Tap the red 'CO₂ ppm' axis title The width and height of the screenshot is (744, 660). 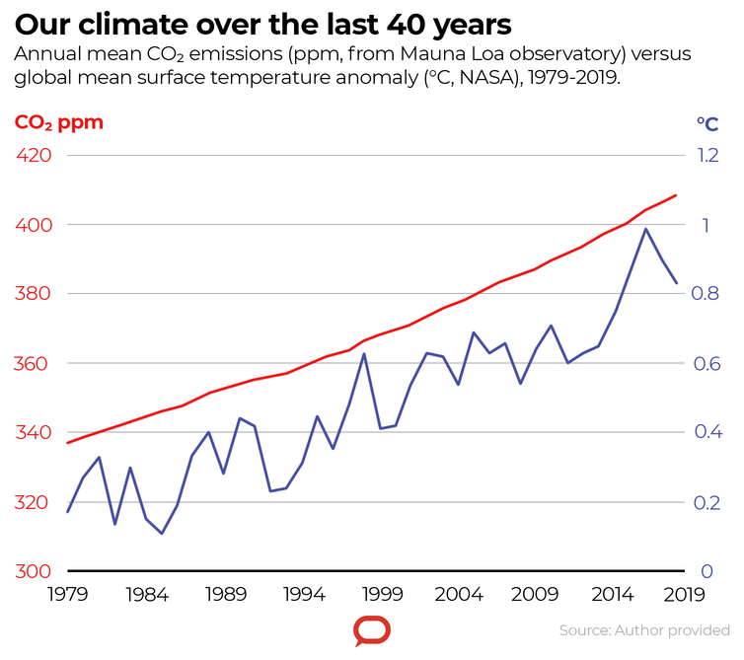click(x=58, y=123)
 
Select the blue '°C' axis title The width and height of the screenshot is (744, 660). click(x=707, y=123)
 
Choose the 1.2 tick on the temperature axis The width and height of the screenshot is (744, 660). click(x=708, y=156)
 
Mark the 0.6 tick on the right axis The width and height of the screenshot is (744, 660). click(x=708, y=363)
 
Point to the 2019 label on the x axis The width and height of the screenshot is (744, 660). click(x=685, y=595)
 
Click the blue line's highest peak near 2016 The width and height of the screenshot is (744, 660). click(x=645, y=229)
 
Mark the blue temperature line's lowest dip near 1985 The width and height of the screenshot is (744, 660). click(x=162, y=534)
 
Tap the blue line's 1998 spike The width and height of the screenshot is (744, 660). click(x=364, y=353)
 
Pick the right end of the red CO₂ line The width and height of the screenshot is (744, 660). click(x=676, y=195)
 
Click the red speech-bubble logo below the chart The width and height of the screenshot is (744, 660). click(x=372, y=630)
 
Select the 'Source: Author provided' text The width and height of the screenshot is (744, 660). click(x=644, y=629)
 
